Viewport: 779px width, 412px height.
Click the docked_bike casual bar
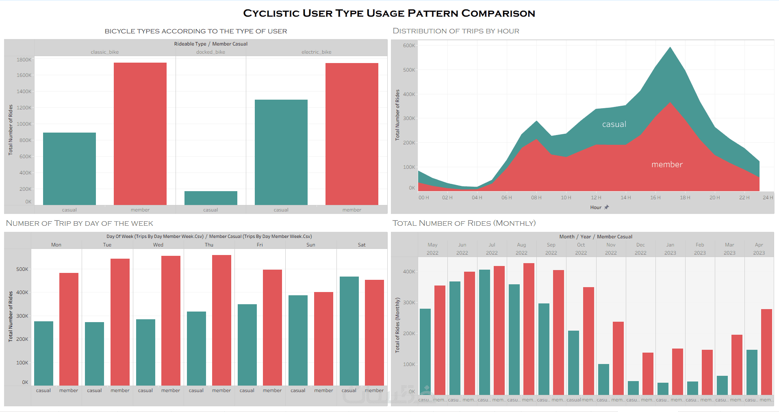click(x=210, y=198)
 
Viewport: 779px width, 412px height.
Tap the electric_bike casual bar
click(x=281, y=152)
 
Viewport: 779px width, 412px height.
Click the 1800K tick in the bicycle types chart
click(x=24, y=60)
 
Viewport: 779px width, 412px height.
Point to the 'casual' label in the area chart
click(x=614, y=124)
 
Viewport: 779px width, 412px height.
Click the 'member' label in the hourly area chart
click(x=667, y=165)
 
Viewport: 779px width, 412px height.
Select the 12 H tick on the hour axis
click(x=596, y=198)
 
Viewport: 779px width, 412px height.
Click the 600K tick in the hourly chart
click(x=409, y=46)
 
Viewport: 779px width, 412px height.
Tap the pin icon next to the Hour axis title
click(x=607, y=207)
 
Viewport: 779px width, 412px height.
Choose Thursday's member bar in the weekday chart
click(x=221, y=320)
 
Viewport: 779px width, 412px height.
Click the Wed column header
click(x=158, y=245)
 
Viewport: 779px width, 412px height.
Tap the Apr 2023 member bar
click(x=766, y=352)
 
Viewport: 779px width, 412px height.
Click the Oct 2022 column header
click(x=581, y=249)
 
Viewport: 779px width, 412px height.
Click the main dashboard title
click(x=389, y=13)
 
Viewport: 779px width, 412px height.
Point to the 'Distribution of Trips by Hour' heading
click(x=456, y=31)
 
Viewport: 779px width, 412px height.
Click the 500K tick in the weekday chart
click(x=22, y=269)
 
